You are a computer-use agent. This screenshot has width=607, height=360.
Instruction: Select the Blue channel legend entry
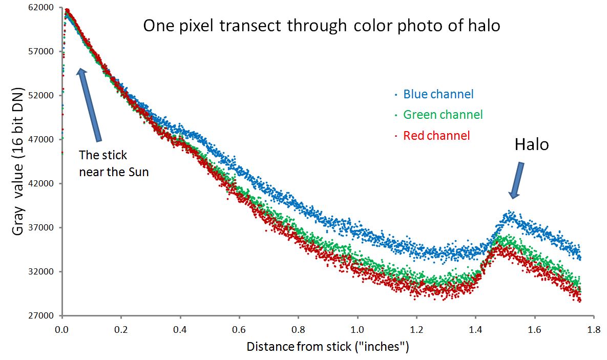tap(438, 94)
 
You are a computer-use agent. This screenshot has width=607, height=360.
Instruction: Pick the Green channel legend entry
tap(443, 115)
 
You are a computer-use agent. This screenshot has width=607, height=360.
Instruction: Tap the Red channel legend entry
tap(436, 136)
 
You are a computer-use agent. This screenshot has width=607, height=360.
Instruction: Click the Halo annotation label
tap(531, 145)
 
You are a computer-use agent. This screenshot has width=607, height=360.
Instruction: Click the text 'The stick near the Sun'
tap(114, 163)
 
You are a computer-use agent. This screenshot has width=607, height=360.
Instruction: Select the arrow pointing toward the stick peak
tap(89, 105)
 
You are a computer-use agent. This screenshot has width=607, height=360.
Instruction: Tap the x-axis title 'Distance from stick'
tap(328, 347)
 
